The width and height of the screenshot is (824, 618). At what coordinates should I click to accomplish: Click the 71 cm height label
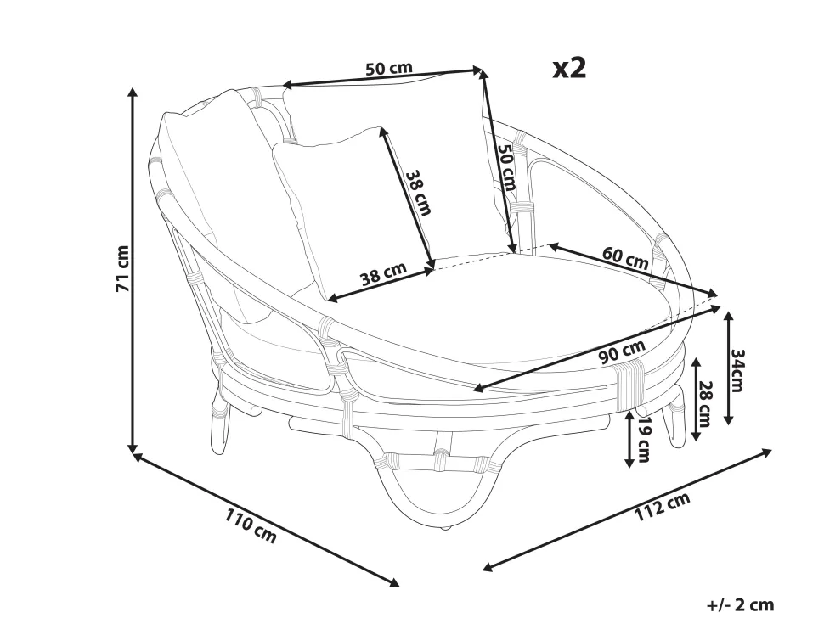coord(122,269)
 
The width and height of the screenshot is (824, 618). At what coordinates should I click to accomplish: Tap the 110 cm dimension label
coord(251,525)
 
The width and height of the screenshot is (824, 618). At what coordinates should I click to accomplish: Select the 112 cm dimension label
coord(662,509)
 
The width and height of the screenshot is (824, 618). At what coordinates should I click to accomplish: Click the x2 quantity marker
coord(569,69)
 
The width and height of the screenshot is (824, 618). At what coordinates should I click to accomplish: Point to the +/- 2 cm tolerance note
coord(740,604)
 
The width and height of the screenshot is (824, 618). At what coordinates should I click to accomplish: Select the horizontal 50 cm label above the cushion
coord(389,69)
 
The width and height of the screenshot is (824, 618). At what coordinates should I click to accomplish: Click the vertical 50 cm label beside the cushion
coord(505,167)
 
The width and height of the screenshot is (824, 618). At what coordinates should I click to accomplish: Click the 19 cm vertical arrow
coord(629,439)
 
